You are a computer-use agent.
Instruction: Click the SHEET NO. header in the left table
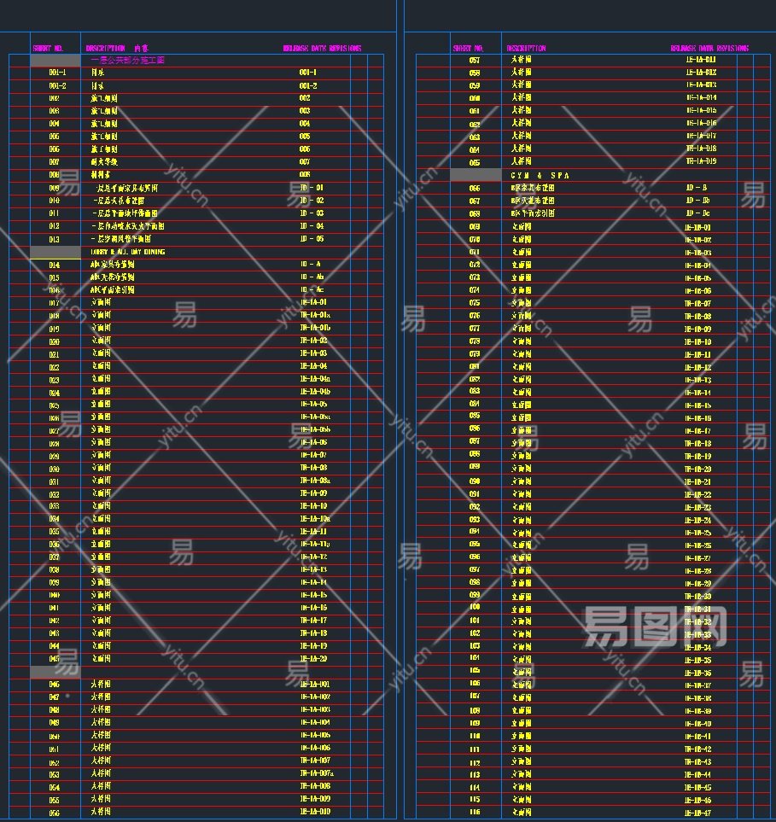pyautogui.click(x=48, y=49)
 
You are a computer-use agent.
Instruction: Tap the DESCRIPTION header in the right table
pyautogui.click(x=526, y=49)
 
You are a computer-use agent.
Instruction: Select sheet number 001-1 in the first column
pyautogui.click(x=57, y=73)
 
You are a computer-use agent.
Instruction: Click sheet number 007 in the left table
pyautogui.click(x=54, y=162)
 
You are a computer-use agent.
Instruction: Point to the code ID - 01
pyautogui.click(x=312, y=188)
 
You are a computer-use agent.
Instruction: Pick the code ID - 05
pyautogui.click(x=312, y=239)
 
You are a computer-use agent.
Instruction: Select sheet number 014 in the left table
pyautogui.click(x=54, y=265)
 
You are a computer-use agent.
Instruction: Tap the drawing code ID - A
pyautogui.click(x=311, y=265)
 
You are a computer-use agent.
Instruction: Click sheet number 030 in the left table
pyautogui.click(x=54, y=469)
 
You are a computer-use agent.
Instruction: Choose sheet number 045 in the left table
pyautogui.click(x=54, y=659)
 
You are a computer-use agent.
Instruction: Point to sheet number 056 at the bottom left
pyautogui.click(x=54, y=813)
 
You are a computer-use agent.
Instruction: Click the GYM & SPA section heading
pyautogui.click(x=540, y=175)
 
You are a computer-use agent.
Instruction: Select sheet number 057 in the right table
pyautogui.click(x=475, y=60)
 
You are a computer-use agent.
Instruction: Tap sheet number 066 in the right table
pyautogui.click(x=475, y=188)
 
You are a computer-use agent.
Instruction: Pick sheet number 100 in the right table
pyautogui.click(x=475, y=607)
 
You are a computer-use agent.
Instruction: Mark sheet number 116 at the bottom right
pyautogui.click(x=475, y=813)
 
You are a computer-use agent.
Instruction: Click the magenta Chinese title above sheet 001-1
pyautogui.click(x=127, y=61)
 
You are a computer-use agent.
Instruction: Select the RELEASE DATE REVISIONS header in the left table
pyautogui.click(x=322, y=49)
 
